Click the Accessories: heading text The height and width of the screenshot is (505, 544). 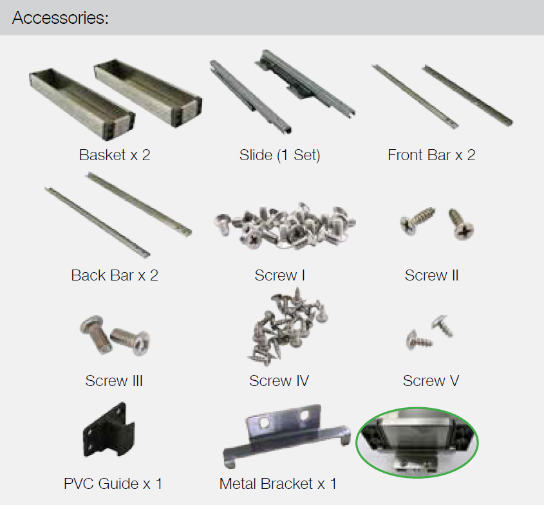[x=60, y=17]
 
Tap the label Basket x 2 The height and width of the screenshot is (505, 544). [x=115, y=155]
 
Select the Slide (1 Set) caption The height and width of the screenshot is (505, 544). [x=279, y=155]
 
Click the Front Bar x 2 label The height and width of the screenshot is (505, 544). [x=431, y=155]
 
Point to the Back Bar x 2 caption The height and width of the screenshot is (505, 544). [x=115, y=275]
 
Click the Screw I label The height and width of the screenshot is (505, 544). [x=279, y=275]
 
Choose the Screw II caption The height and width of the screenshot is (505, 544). [x=431, y=275]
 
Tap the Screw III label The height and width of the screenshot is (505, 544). [x=114, y=381]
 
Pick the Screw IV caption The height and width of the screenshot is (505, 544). [x=279, y=381]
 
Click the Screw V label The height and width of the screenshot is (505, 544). [x=431, y=381]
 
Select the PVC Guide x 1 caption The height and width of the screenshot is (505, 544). [x=113, y=484]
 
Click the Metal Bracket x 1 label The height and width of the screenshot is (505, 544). [x=278, y=484]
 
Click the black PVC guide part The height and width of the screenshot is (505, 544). [x=109, y=430]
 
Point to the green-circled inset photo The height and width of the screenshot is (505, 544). [x=417, y=443]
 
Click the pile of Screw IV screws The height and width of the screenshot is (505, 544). [x=287, y=327]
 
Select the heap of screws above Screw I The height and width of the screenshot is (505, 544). [x=285, y=225]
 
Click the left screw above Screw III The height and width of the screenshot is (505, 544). [x=95, y=333]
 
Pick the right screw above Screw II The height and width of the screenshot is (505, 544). [x=461, y=224]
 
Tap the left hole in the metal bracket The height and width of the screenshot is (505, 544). [x=263, y=423]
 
